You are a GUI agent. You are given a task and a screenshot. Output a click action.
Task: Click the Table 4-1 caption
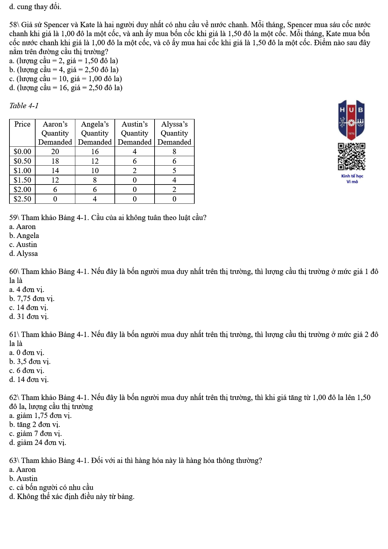(24, 106)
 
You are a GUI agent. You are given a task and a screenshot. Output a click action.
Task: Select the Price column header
(22, 124)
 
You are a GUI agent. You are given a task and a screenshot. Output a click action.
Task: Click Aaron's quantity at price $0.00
(55, 152)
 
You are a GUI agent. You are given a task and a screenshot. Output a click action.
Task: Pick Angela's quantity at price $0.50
(95, 161)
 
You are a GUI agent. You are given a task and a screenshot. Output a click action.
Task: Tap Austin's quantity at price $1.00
(135, 171)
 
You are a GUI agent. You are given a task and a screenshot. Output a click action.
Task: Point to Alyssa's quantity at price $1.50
(174, 180)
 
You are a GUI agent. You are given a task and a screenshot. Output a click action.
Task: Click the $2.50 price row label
(22, 199)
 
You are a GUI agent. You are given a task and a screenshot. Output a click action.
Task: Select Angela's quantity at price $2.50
(95, 199)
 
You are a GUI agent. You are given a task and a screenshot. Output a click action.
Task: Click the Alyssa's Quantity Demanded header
(174, 133)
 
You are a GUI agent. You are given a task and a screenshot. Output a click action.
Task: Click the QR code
(351, 156)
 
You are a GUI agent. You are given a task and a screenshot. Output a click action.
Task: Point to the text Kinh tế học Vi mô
(352, 179)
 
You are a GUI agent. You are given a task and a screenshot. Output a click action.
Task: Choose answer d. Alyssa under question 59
(23, 254)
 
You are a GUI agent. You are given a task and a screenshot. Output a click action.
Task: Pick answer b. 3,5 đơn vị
(30, 362)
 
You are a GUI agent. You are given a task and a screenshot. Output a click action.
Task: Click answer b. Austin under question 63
(23, 479)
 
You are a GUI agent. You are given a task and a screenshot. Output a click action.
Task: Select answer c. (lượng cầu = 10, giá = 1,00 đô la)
(66, 79)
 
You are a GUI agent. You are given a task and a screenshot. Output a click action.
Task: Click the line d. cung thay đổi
(35, 7)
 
